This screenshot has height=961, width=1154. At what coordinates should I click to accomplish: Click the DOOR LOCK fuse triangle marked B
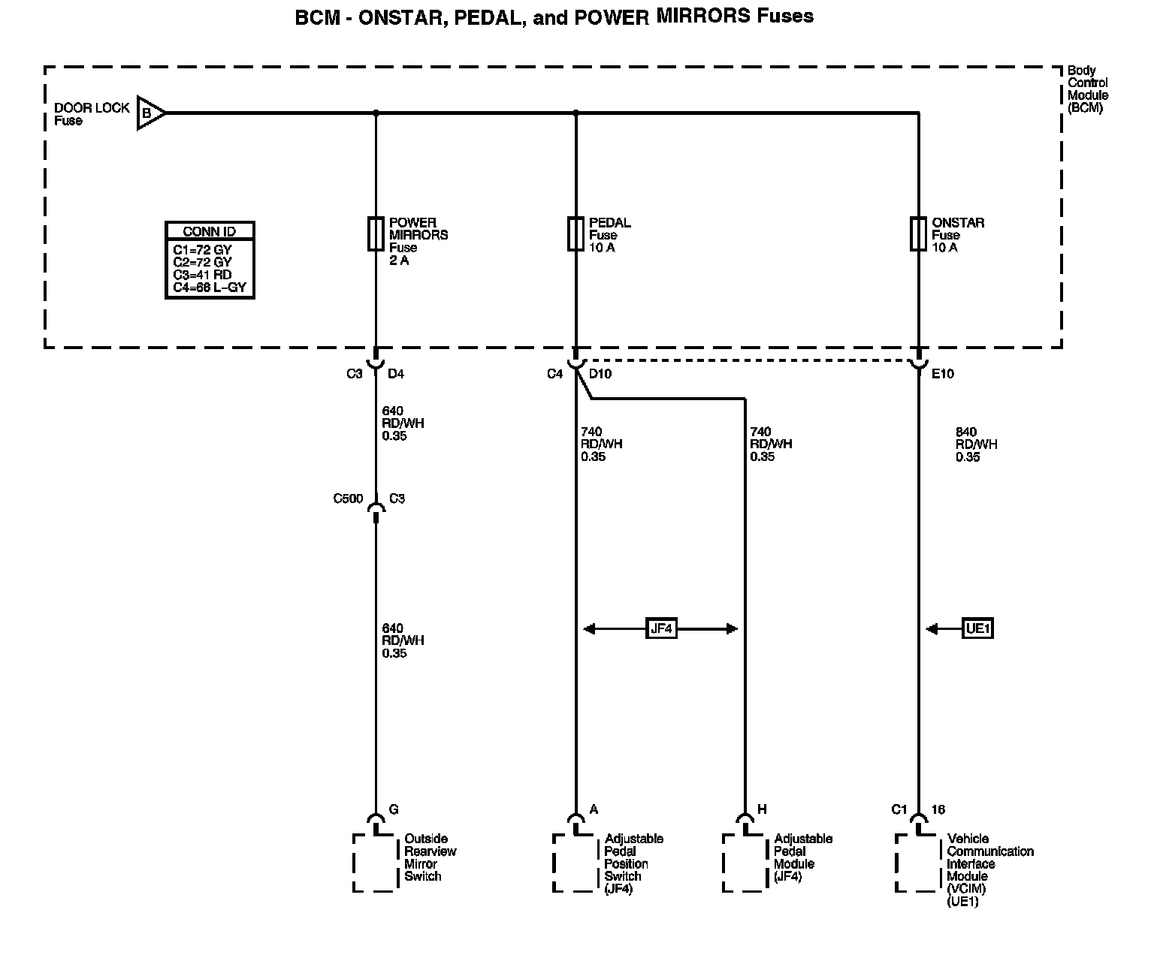149,113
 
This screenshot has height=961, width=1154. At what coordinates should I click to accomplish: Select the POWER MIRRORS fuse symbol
376,233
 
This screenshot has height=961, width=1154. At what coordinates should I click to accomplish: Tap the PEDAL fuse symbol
575,233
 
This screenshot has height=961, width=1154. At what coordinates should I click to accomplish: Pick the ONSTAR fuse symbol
918,233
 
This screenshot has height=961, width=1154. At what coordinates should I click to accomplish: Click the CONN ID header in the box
210,232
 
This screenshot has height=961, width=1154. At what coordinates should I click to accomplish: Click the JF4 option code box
661,628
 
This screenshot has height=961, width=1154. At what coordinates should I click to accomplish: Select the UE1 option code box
977,628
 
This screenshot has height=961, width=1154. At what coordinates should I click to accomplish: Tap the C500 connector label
348,499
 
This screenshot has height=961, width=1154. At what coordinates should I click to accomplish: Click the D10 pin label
600,374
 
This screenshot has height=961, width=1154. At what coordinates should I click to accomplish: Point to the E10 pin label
942,374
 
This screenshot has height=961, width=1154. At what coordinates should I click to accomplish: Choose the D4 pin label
396,374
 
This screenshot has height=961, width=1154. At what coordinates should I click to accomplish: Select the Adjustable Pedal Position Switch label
633,863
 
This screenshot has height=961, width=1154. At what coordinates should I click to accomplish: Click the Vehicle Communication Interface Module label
989,869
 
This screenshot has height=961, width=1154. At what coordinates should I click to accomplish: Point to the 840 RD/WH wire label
976,444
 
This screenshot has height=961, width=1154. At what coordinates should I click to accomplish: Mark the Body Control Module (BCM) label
1088,89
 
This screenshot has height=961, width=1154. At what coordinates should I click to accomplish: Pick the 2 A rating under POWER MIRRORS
399,261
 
